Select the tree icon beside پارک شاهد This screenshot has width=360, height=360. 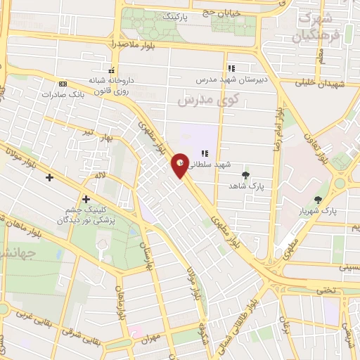click(245, 174)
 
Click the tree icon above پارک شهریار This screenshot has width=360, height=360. click(319, 200)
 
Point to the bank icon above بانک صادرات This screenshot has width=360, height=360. click(63, 84)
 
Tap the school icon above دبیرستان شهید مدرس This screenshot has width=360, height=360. click(230, 69)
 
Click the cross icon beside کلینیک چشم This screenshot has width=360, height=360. click(86, 199)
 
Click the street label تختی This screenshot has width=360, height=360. click(326, 290)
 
